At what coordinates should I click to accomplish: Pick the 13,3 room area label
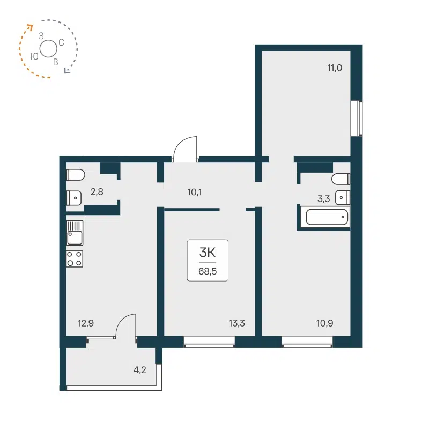(236, 323)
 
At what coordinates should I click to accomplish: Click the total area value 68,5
(208, 271)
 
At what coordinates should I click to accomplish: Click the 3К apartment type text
(208, 252)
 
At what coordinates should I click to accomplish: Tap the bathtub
(327, 218)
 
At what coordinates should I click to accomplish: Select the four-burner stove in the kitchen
(75, 258)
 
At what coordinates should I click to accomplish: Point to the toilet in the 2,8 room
(75, 175)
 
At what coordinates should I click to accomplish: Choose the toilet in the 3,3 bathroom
(341, 179)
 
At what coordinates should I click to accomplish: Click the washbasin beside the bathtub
(342, 197)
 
